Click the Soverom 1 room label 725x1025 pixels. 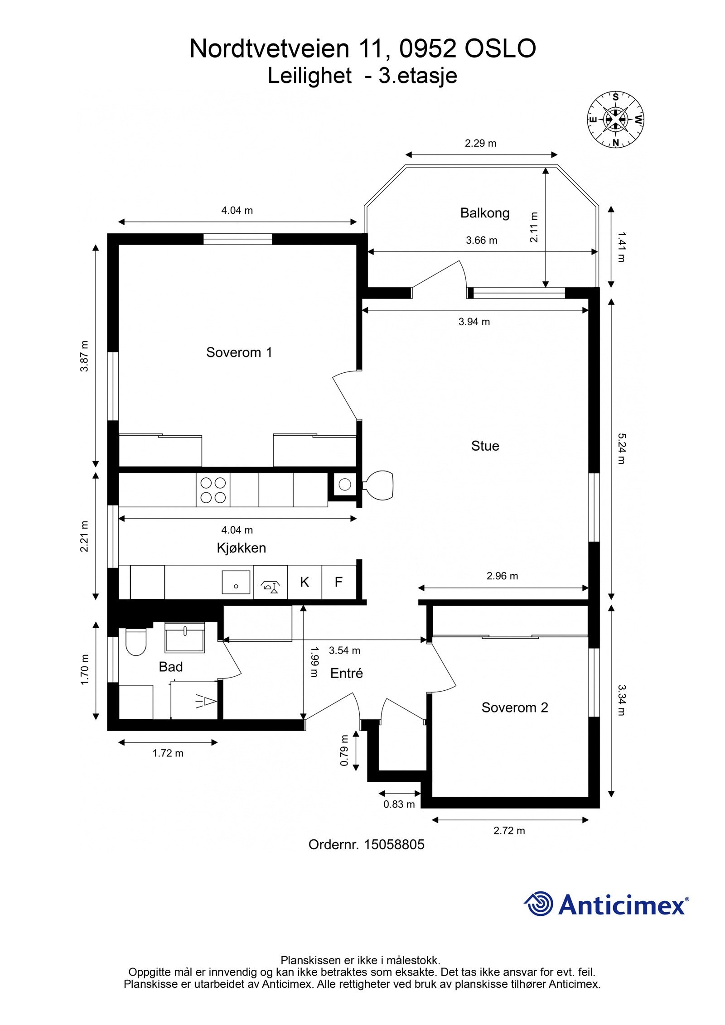coord(239,352)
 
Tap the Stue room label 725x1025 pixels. coord(485,446)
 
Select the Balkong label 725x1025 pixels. coord(485,213)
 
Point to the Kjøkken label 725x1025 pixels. coord(241,548)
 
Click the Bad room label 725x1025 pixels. coord(171,667)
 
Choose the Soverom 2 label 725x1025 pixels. coord(515,707)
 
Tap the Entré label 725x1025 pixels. coord(347,674)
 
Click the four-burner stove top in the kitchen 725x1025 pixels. coord(213,490)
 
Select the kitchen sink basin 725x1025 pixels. coord(236,582)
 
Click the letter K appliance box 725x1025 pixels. coord(304,582)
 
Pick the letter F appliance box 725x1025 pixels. coord(338,582)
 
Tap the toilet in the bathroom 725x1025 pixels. coord(136,642)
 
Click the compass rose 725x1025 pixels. coord(616,120)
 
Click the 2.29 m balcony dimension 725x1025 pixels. coord(481,144)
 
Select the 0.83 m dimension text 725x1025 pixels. coord(399,804)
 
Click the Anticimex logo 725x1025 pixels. coord(607,905)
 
